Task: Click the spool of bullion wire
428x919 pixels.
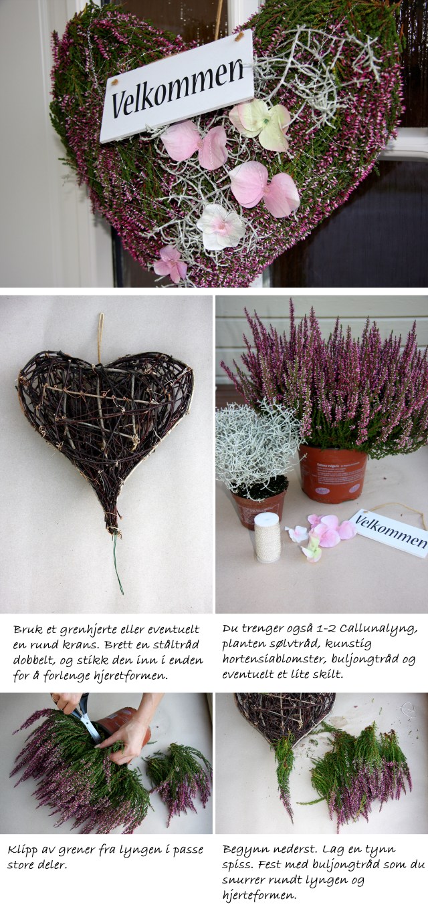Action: tap(267, 537)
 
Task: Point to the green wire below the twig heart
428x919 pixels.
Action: tap(118, 564)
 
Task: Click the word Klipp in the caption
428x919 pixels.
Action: tap(20, 851)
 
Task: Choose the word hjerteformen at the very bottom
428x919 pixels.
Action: tap(259, 896)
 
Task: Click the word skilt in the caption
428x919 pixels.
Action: tap(328, 674)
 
